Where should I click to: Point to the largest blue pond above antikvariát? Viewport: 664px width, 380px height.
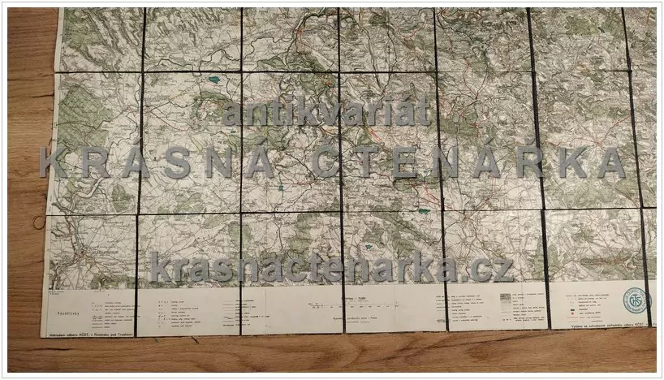214,79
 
